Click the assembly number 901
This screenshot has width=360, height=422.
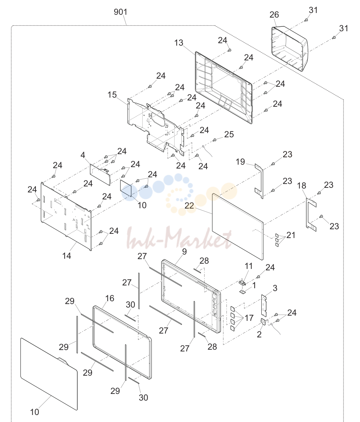120,12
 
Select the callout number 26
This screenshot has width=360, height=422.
274,15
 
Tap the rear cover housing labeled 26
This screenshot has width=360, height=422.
289,48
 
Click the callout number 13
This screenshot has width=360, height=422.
179,43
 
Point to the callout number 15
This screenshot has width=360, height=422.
112,95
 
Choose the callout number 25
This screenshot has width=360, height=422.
229,134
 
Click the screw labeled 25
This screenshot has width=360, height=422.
214,140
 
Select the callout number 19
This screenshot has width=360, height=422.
240,162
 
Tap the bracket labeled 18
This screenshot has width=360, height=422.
311,215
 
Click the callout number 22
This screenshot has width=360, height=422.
189,206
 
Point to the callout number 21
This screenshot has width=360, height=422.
291,235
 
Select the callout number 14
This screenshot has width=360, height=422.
67,256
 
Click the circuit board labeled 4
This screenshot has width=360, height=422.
100,174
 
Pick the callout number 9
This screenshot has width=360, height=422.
184,252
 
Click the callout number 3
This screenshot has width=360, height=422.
275,288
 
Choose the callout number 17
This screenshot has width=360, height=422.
249,318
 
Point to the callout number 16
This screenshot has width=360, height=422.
110,298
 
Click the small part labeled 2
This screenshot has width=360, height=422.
263,322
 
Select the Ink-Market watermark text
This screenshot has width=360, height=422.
179,238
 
